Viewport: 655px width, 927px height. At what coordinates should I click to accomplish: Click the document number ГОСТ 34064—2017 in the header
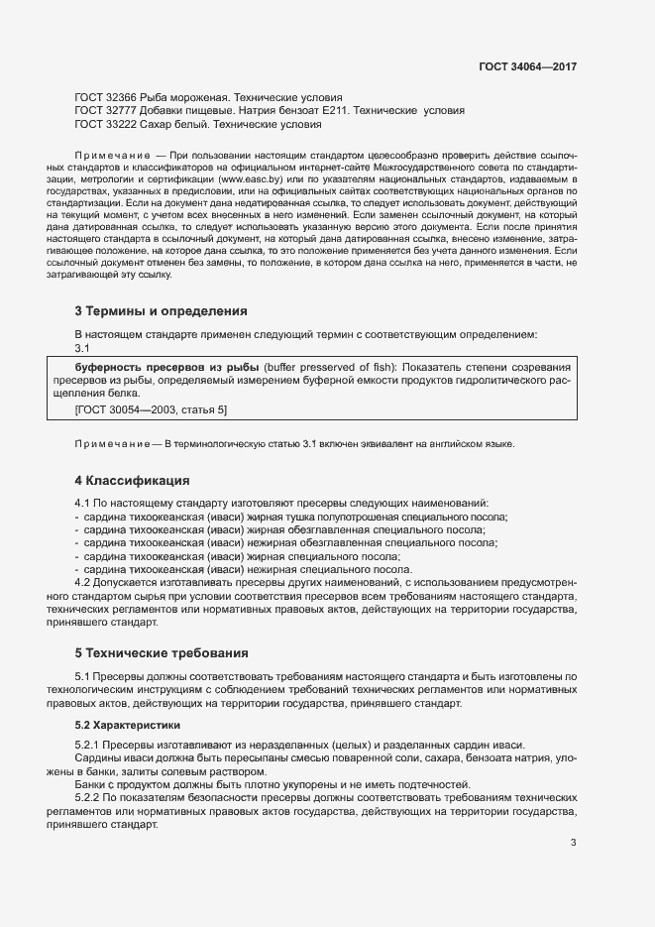[x=527, y=66]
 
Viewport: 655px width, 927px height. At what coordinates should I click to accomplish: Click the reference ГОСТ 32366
[x=106, y=98]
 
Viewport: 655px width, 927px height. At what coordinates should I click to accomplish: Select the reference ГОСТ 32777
[x=106, y=111]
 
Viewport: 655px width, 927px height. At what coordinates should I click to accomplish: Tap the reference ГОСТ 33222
[x=106, y=125]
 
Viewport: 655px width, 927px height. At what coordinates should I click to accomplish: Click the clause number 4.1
[x=83, y=504]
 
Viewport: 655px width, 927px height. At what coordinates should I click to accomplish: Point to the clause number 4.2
[x=83, y=583]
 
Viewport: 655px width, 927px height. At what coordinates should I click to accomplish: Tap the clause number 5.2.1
[x=87, y=746]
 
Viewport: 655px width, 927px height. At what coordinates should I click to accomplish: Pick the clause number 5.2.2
[x=87, y=797]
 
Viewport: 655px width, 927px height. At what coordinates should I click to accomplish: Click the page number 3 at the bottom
[x=574, y=844]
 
